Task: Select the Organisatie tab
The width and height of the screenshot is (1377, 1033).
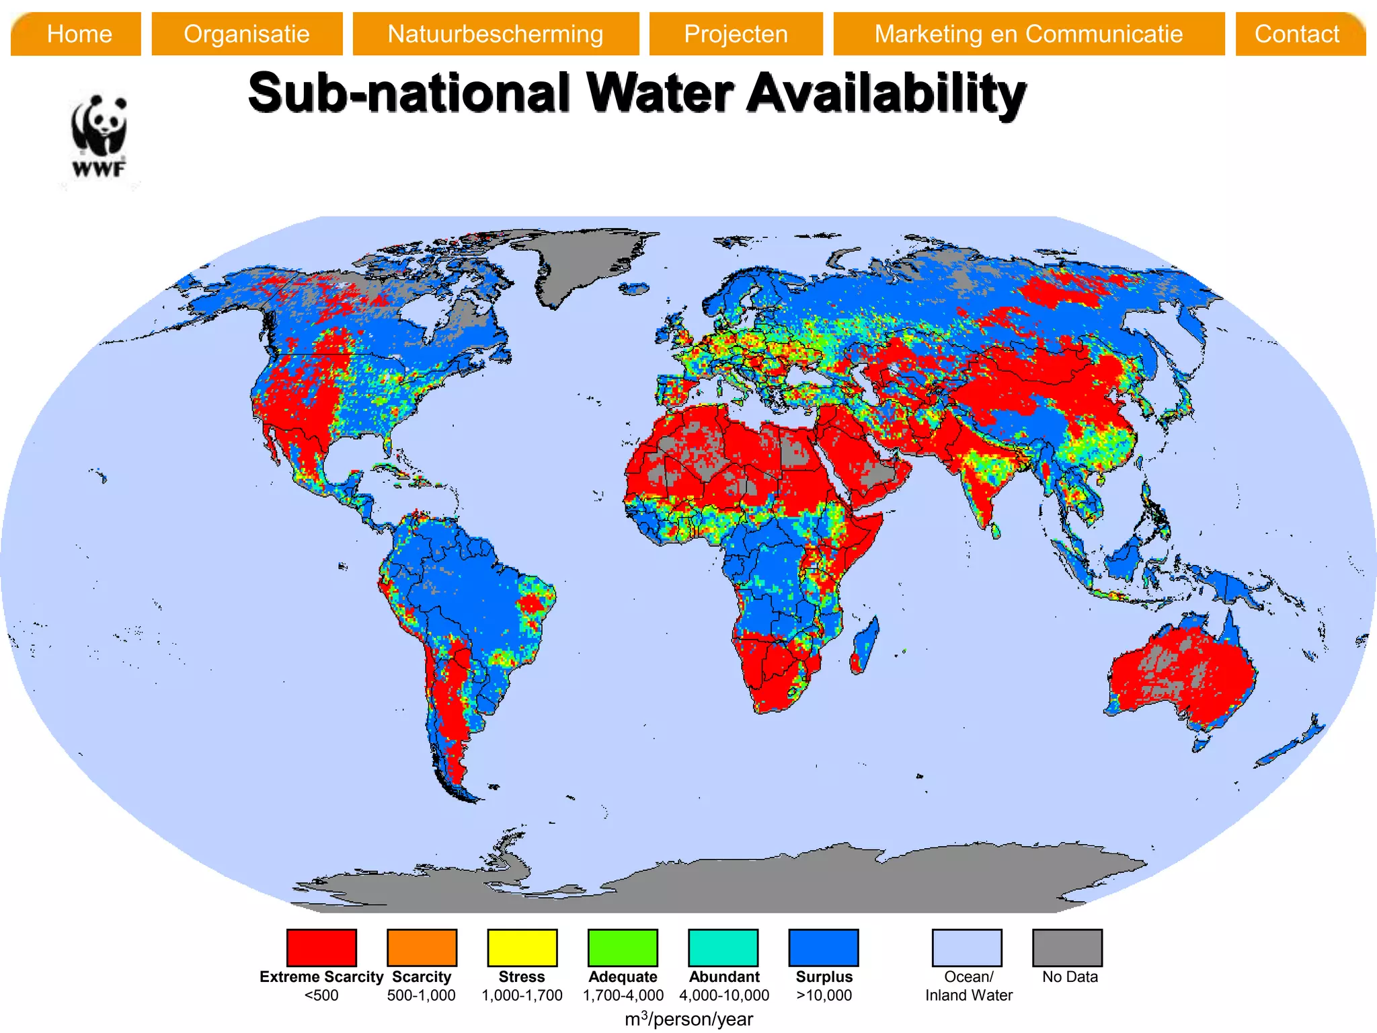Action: tap(247, 34)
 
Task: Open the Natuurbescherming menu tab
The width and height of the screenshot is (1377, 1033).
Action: tap(496, 34)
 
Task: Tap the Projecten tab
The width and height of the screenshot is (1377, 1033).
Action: tap(736, 34)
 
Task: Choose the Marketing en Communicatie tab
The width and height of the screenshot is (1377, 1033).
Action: tap(1028, 34)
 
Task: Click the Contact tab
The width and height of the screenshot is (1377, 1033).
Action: tap(1298, 34)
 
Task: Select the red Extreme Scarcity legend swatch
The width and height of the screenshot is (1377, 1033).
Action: tap(321, 947)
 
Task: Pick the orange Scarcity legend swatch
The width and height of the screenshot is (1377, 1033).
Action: tap(422, 947)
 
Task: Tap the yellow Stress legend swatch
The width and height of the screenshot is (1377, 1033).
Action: tap(522, 947)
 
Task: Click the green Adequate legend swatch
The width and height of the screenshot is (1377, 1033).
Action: tap(623, 947)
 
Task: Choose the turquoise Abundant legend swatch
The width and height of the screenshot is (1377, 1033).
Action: tap(723, 947)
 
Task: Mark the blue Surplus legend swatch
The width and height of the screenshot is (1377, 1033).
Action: tap(824, 947)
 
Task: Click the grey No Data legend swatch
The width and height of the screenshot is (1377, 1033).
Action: tap(1067, 947)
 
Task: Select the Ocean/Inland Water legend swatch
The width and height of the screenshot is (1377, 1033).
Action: tap(967, 947)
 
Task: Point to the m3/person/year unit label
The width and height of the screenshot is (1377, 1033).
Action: tap(688, 1019)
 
